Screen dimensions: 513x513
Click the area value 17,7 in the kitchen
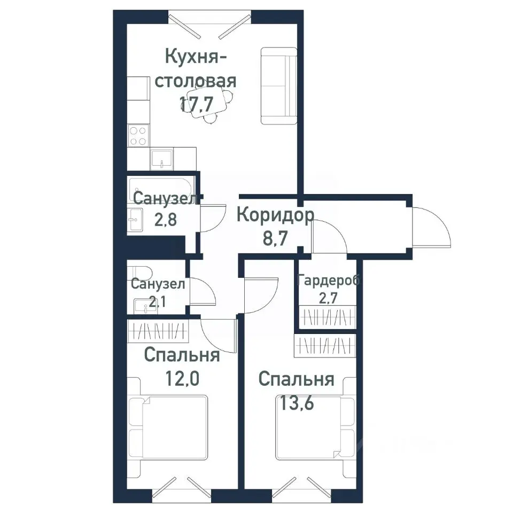(196, 103)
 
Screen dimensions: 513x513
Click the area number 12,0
(182, 378)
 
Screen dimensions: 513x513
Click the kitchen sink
(161, 158)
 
